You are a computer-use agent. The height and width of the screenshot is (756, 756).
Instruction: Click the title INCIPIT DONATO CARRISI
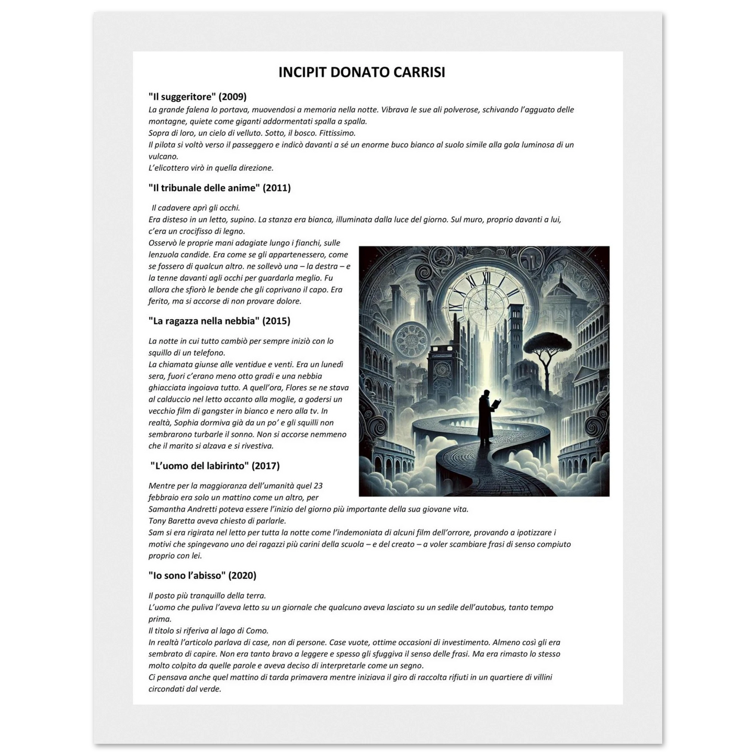coord(362,72)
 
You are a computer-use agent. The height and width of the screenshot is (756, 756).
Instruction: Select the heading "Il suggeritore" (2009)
coord(197,96)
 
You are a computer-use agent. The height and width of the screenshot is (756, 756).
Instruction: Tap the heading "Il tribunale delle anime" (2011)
coord(219,188)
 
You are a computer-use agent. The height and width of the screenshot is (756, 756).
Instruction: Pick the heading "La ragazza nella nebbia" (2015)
coord(219,321)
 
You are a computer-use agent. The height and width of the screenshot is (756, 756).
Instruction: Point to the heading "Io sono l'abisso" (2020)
coord(202,576)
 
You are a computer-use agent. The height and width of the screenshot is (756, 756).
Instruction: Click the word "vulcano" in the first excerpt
coord(163,156)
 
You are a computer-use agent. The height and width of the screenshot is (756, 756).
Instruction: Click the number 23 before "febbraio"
coord(324,486)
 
